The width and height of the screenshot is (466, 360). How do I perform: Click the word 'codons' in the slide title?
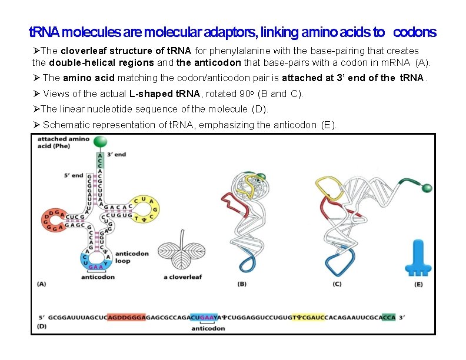pyautogui.click(x=415, y=31)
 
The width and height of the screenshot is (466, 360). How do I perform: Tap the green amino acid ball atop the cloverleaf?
pyautogui.click(x=101, y=142)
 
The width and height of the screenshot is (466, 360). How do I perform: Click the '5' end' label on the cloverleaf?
pyautogui.click(x=74, y=175)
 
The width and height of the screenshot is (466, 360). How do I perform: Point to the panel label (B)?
pyautogui.click(x=242, y=284)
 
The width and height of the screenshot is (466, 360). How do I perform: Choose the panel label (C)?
pyautogui.click(x=337, y=284)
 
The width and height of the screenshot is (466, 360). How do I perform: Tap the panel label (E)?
pyautogui.click(x=418, y=284)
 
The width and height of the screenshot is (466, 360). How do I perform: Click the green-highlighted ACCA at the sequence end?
pyautogui.click(x=388, y=316)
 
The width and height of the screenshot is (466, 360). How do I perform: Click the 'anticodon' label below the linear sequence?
pyautogui.click(x=208, y=328)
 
